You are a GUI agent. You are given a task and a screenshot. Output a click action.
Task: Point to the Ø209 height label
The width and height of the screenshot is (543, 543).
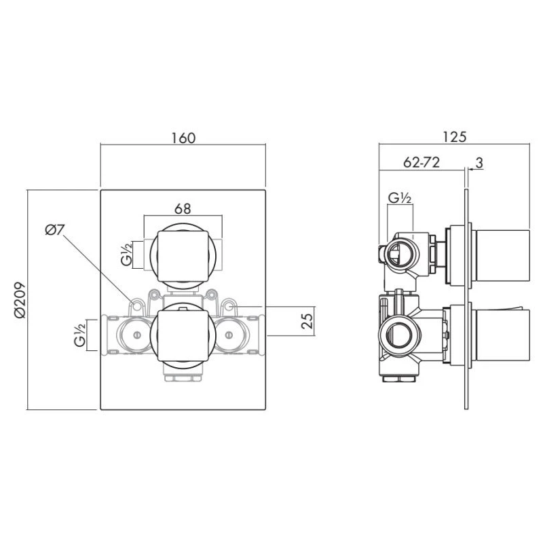tap(19, 301)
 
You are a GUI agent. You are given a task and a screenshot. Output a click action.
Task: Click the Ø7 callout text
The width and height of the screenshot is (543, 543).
tap(55, 230)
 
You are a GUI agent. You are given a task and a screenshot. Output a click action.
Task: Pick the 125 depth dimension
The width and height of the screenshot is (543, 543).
tap(454, 136)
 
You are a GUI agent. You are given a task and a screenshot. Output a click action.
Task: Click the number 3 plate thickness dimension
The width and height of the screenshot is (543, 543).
tap(479, 162)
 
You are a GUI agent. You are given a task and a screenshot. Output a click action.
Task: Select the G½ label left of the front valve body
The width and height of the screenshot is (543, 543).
tap(80, 335)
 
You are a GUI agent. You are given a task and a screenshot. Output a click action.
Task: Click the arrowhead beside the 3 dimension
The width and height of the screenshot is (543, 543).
tap(470, 168)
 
